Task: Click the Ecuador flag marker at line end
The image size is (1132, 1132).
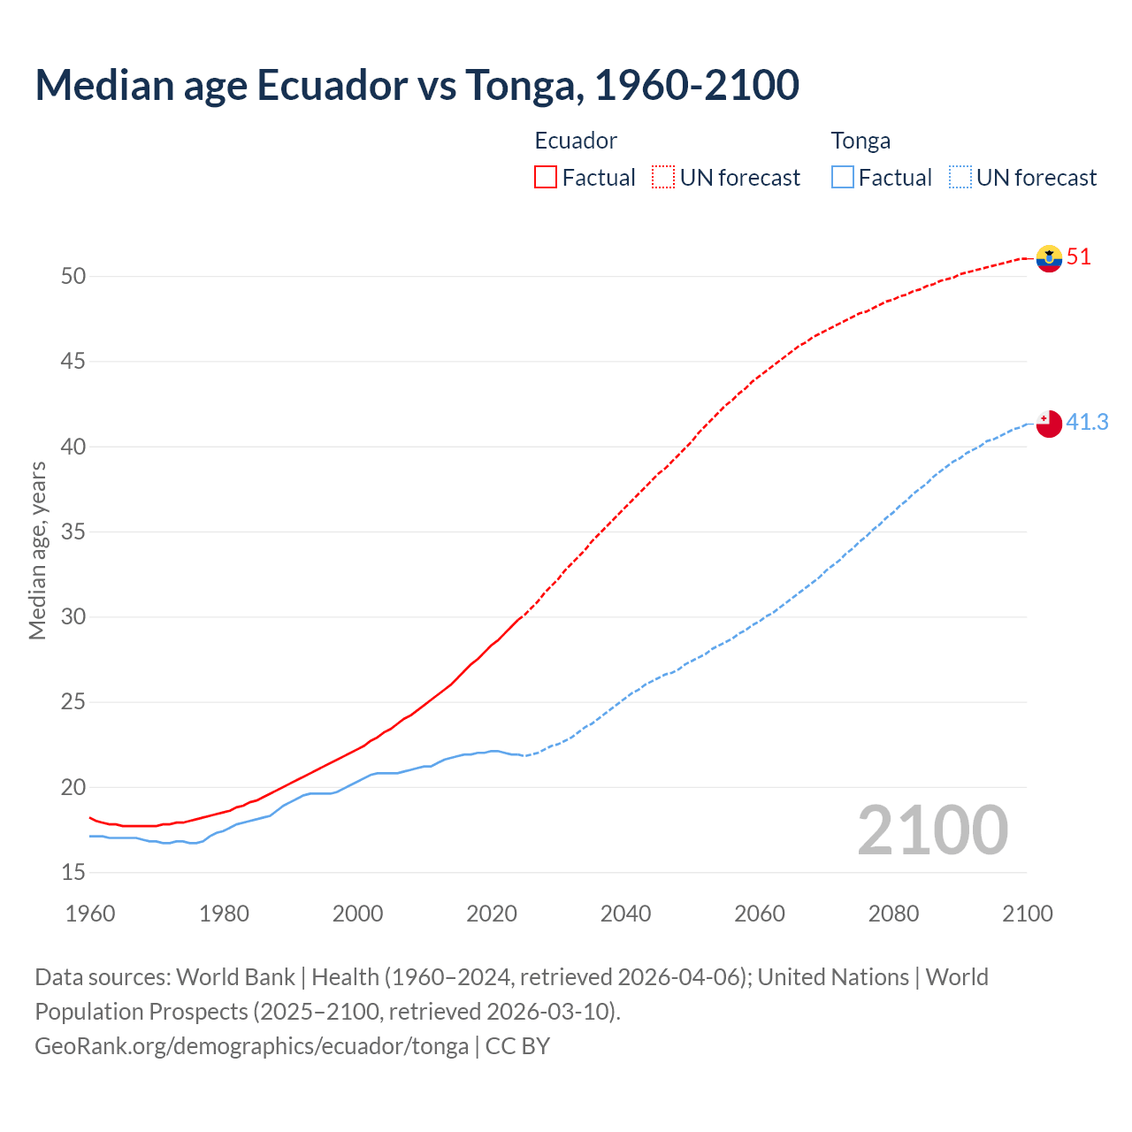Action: point(1049,258)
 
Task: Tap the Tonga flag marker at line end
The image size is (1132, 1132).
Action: point(1049,424)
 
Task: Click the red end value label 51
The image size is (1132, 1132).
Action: point(1079,257)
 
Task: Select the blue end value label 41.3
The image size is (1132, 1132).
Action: point(1087,423)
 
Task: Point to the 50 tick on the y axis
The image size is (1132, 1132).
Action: point(73,277)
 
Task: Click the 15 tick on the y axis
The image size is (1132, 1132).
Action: point(73,873)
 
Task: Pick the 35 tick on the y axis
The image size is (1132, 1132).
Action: point(73,532)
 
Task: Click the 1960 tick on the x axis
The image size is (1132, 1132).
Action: point(90,914)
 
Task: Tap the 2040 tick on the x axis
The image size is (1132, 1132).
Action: point(625,914)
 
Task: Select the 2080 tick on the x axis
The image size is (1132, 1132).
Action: point(893,914)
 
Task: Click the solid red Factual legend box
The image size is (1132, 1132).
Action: point(546,178)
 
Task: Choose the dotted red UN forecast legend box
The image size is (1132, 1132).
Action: point(663,178)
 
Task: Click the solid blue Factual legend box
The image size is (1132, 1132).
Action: point(843,178)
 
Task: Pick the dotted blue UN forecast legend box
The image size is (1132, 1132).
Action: point(960,178)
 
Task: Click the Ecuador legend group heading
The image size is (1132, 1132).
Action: point(576,141)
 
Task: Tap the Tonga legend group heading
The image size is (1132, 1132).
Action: point(860,141)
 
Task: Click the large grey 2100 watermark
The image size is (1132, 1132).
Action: point(933,830)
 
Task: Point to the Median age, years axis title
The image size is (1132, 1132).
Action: point(37,550)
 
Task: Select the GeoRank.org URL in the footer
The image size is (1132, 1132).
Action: point(251,1046)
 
